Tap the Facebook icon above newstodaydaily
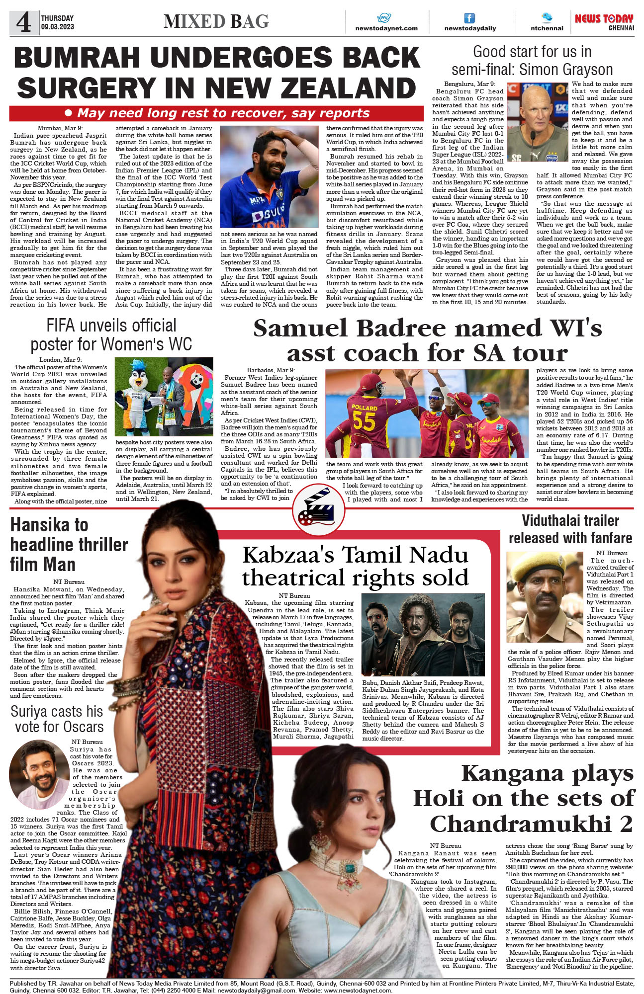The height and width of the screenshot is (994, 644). click(x=469, y=18)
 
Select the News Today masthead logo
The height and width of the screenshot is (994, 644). click(x=604, y=21)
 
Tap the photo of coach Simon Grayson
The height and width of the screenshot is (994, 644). click(x=538, y=122)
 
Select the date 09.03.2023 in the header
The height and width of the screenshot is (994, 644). click(x=57, y=27)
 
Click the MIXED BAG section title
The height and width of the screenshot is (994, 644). click(x=216, y=21)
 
